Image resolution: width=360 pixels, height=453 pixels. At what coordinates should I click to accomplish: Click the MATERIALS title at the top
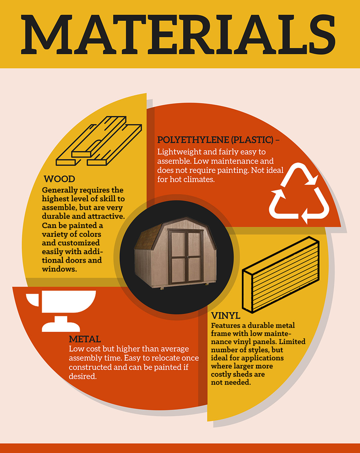[178, 35]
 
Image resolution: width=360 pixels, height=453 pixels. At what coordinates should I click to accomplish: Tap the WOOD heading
[59, 179]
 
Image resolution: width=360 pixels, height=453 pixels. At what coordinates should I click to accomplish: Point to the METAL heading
[85, 339]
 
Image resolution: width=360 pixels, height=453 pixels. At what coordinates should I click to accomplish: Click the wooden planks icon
[99, 141]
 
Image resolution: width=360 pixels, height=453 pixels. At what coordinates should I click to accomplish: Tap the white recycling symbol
[299, 193]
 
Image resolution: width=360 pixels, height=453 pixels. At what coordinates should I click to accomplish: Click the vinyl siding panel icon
[281, 275]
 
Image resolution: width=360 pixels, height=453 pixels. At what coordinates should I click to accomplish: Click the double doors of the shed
[186, 257]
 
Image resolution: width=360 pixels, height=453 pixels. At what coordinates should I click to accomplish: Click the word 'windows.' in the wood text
[59, 269]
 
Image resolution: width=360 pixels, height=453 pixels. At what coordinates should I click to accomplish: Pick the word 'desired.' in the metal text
[83, 376]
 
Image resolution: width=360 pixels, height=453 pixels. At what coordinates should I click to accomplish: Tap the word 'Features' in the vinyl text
[225, 325]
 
